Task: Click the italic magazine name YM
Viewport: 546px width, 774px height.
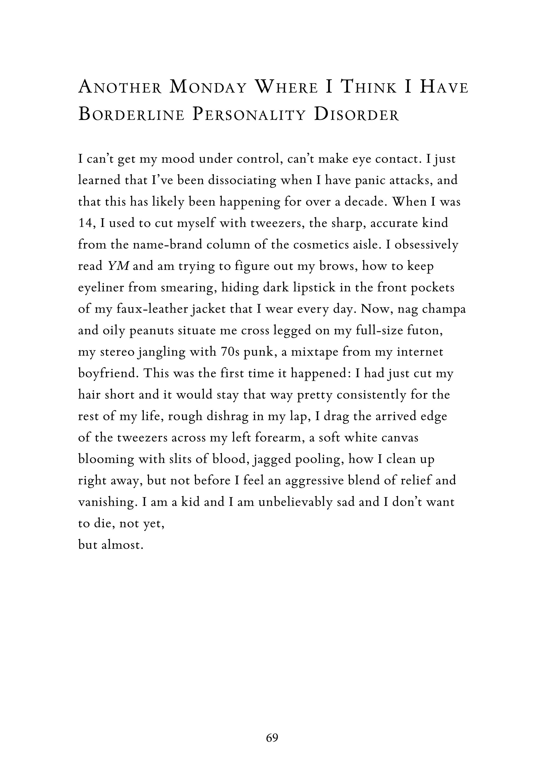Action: click(x=118, y=266)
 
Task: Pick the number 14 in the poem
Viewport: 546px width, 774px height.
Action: click(x=85, y=223)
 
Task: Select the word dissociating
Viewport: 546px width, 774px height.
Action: click(x=242, y=180)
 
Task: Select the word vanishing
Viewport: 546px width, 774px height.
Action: click(x=107, y=502)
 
